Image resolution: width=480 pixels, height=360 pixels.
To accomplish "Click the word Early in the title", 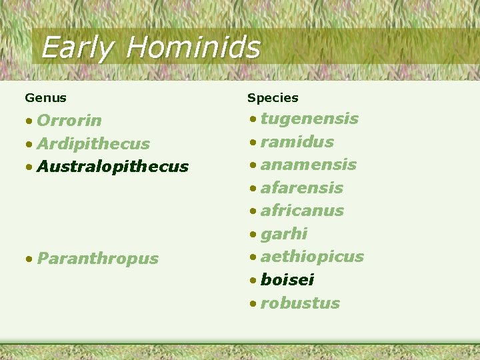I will click(77, 48).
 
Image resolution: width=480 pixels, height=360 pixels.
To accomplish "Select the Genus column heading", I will click(45, 98).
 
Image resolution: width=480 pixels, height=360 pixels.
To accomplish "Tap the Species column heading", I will click(273, 98).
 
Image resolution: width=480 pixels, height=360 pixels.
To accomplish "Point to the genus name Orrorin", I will click(69, 121).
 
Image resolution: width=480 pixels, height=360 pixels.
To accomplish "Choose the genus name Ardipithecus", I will click(93, 144).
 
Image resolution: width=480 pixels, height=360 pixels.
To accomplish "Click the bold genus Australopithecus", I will click(113, 167).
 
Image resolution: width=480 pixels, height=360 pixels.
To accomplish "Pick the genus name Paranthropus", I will click(97, 259).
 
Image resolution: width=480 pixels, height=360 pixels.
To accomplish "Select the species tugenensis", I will click(309, 119).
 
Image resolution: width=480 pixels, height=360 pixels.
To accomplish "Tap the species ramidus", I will click(297, 142).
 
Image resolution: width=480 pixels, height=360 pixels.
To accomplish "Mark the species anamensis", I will click(308, 165).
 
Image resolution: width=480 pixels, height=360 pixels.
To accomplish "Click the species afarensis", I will click(301, 188).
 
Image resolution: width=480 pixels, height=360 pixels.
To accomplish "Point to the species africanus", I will click(302, 211).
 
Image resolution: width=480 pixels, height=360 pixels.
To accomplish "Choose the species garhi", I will click(284, 234).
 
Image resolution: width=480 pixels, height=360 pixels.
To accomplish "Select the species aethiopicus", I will click(312, 257).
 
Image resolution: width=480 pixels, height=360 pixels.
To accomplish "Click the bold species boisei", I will click(287, 280).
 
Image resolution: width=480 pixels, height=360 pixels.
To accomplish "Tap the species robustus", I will click(300, 303).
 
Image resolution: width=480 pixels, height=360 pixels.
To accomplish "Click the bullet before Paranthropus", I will click(29, 259).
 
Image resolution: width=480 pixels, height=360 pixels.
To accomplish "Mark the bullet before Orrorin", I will click(29, 121).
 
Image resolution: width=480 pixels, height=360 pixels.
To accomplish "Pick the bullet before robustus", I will click(253, 304).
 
